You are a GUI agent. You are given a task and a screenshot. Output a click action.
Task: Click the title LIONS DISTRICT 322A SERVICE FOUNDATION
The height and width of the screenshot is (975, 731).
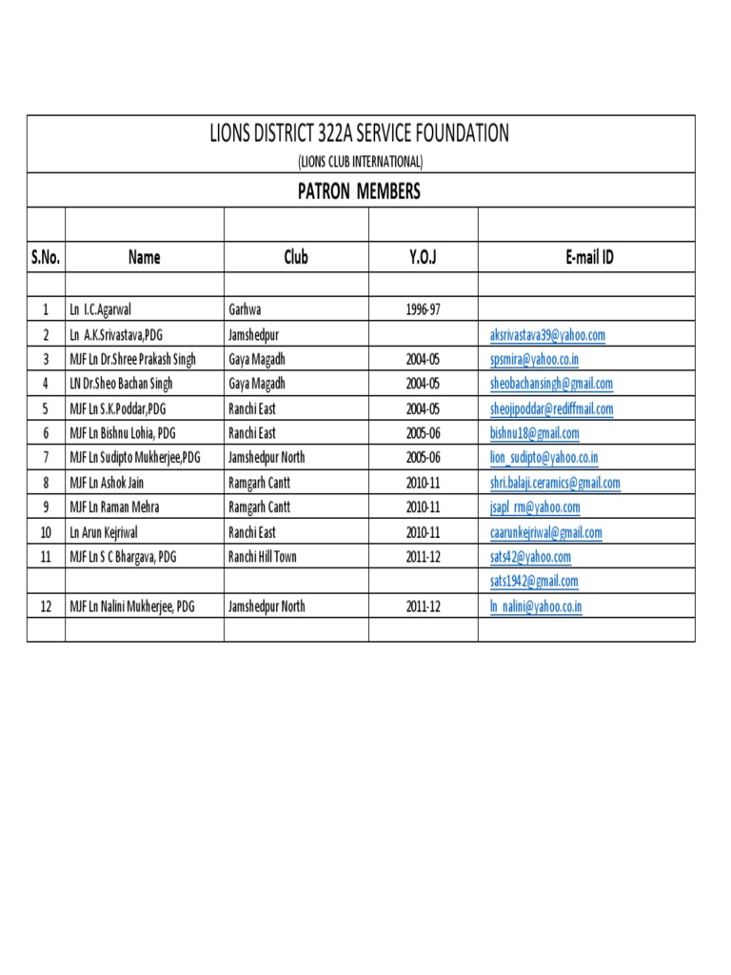pos(360,134)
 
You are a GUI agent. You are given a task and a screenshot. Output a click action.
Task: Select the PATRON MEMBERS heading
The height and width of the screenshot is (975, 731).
pos(360,191)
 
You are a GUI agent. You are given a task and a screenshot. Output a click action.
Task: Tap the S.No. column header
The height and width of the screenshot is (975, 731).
pos(46,257)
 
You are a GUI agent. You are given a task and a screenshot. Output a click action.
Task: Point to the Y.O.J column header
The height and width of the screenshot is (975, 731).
pos(423,257)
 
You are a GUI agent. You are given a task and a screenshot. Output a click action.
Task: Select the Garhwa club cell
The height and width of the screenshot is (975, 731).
pos(246,309)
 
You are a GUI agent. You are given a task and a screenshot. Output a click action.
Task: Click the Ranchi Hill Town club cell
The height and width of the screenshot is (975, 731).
pos(263,556)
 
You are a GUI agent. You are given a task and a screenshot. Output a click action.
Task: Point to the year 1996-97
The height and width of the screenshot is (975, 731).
pos(423,309)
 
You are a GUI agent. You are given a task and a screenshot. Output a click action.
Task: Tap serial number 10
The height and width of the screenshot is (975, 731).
pos(46,532)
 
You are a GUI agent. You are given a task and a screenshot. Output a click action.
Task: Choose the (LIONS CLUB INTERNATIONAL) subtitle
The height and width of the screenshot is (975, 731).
pos(360,161)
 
